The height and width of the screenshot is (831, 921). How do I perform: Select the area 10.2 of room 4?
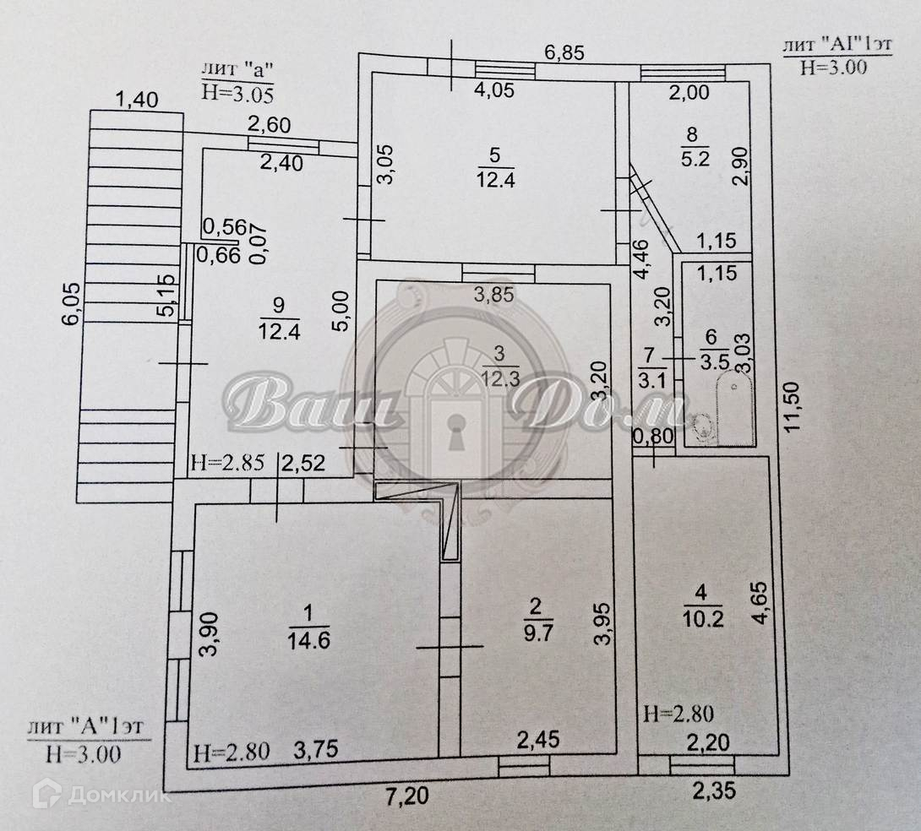tap(703, 618)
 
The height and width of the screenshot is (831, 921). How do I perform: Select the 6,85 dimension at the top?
tap(564, 53)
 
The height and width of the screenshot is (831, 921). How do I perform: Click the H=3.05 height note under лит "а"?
tap(238, 93)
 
